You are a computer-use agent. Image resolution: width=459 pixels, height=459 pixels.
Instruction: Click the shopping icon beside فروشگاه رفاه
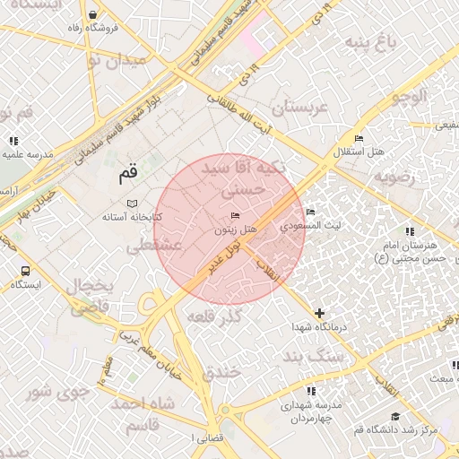(94, 14)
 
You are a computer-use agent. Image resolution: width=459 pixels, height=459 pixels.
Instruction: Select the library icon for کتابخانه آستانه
(134, 204)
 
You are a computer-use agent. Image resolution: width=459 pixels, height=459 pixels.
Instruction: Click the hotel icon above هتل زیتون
(236, 216)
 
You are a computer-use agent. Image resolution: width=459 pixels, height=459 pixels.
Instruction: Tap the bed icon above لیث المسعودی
(310, 212)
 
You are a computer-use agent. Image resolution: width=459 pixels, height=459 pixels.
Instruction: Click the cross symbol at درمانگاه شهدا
(319, 313)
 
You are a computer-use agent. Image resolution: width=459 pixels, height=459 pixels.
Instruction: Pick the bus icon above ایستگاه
(25, 270)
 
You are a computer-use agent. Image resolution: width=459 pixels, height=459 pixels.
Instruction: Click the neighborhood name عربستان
(301, 108)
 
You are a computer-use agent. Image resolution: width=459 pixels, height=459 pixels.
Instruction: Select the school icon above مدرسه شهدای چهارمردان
(311, 391)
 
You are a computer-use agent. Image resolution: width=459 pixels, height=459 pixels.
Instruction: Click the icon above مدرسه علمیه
(13, 141)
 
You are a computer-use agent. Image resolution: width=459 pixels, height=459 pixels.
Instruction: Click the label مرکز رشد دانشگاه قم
(396, 430)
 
